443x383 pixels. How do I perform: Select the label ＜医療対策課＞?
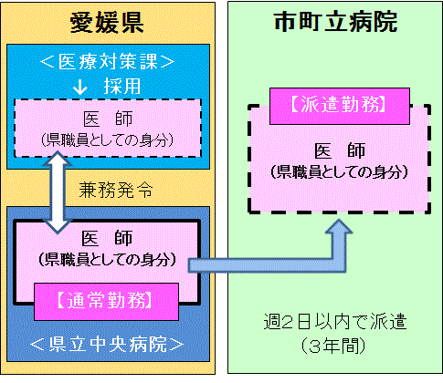(110, 61)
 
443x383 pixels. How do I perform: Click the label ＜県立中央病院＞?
(110, 344)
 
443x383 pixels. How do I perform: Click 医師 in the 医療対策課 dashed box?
(109, 119)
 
